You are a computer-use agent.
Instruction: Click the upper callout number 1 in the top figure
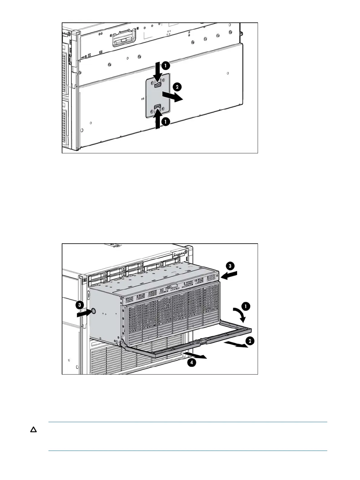pos(165,65)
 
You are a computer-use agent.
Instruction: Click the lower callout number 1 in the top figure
pos(165,121)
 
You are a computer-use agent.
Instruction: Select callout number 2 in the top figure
pos(177,87)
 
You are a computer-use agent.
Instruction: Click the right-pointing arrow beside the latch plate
pos(172,96)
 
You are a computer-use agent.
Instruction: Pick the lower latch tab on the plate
pos(157,106)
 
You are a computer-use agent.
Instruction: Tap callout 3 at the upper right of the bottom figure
pos(230,266)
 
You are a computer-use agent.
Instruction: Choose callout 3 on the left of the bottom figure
pos(79,305)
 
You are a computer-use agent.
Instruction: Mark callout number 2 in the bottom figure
pos(249,341)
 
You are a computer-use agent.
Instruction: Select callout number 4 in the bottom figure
pos(191,362)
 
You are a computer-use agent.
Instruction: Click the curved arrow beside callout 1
pos(239,314)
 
